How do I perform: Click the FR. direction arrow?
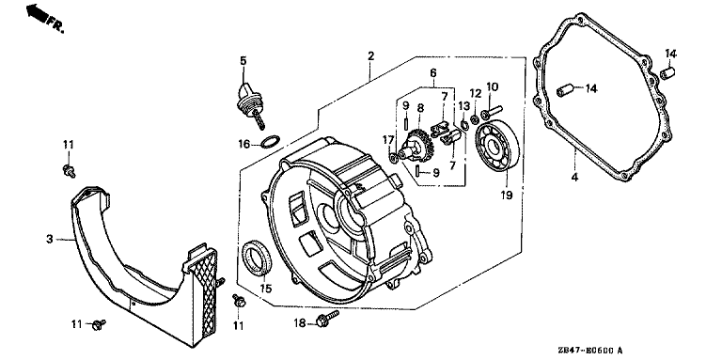[38, 12]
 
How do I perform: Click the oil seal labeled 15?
[257, 258]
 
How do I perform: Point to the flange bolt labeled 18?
[327, 318]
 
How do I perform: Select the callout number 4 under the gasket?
[574, 178]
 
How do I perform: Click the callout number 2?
[370, 56]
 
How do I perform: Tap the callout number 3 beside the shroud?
[49, 239]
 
